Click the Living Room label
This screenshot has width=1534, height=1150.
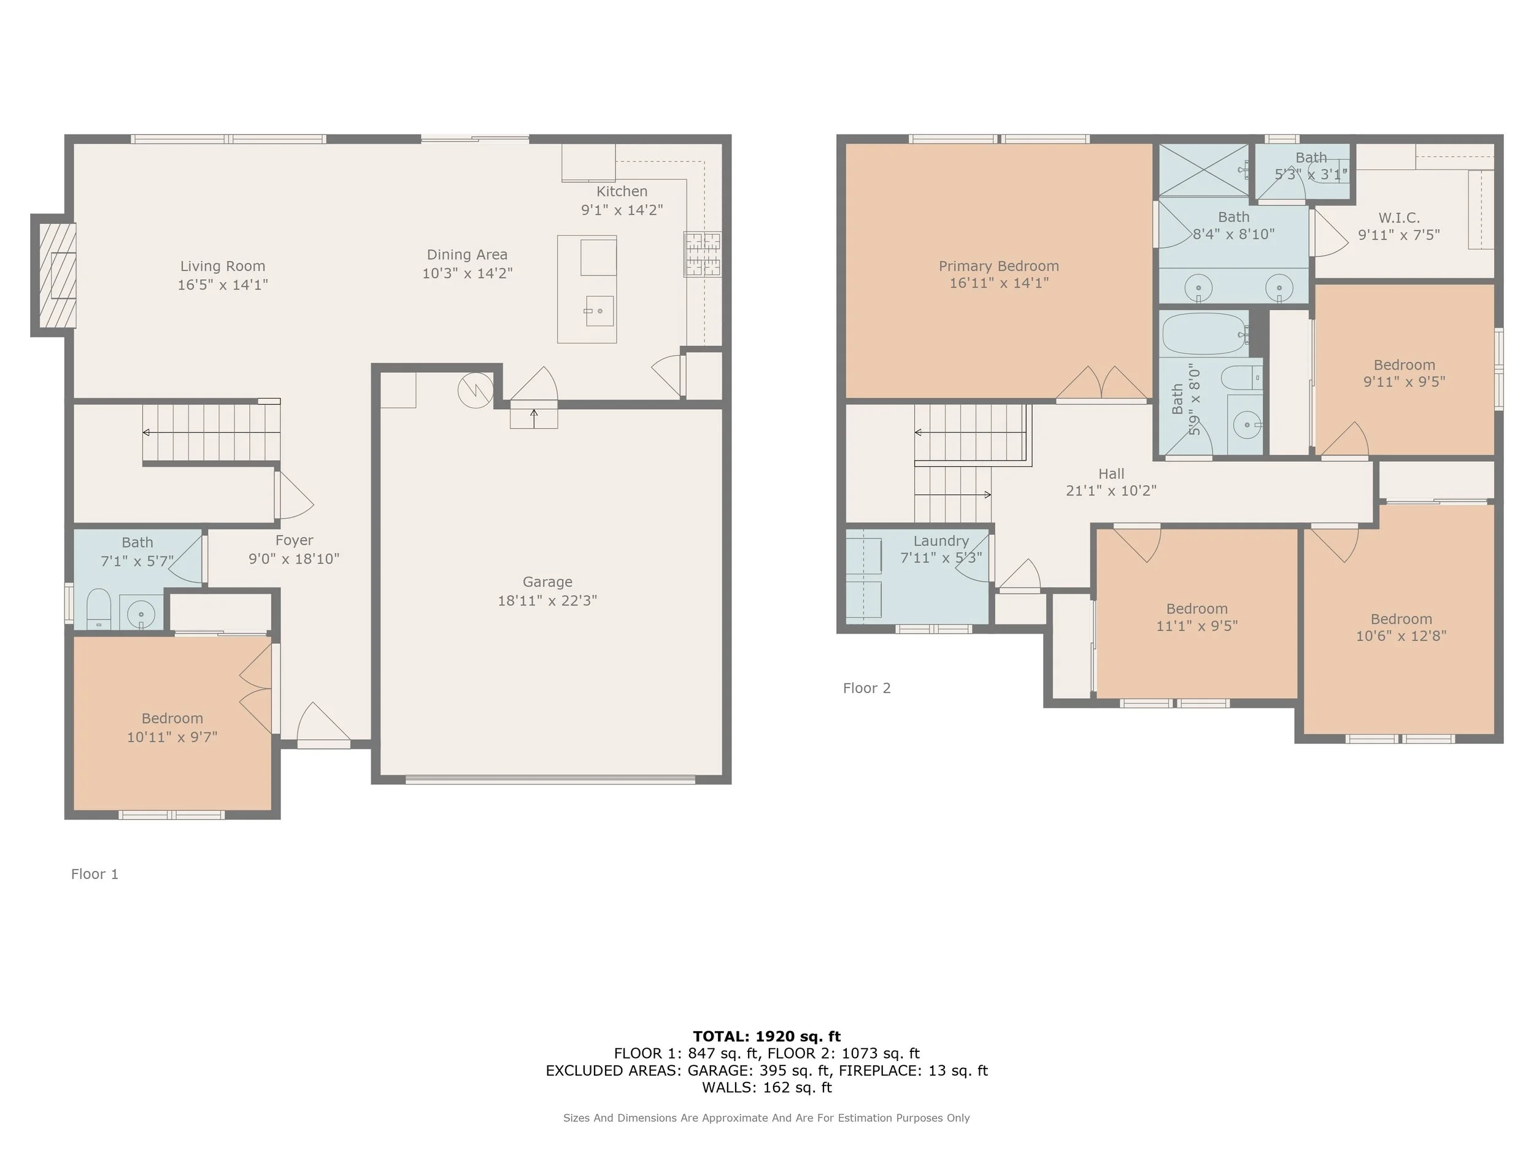[223, 266]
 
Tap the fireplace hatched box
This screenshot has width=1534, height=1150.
[57, 275]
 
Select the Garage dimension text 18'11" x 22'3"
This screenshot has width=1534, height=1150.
[547, 600]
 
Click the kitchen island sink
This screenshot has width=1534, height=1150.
[599, 310]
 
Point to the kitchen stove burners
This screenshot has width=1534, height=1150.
[703, 254]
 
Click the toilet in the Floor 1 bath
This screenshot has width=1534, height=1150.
[98, 609]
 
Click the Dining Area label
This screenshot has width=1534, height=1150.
[468, 255]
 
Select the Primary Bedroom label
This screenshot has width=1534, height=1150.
[998, 266]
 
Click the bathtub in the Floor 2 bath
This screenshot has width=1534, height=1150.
[1205, 334]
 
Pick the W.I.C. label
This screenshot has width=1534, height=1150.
[1399, 218]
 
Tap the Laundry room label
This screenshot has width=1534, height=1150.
[941, 542]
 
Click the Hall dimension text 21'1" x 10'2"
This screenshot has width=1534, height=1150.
[1111, 491]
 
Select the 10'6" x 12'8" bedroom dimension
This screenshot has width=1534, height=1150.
[1401, 635]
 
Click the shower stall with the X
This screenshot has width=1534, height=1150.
[1204, 171]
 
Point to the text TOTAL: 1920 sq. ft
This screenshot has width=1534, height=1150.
[766, 1037]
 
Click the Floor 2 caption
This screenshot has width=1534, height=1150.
[866, 688]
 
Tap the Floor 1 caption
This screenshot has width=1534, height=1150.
[94, 874]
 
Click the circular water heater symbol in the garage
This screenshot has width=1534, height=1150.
[476, 390]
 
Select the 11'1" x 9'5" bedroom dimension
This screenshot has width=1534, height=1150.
[1197, 626]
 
